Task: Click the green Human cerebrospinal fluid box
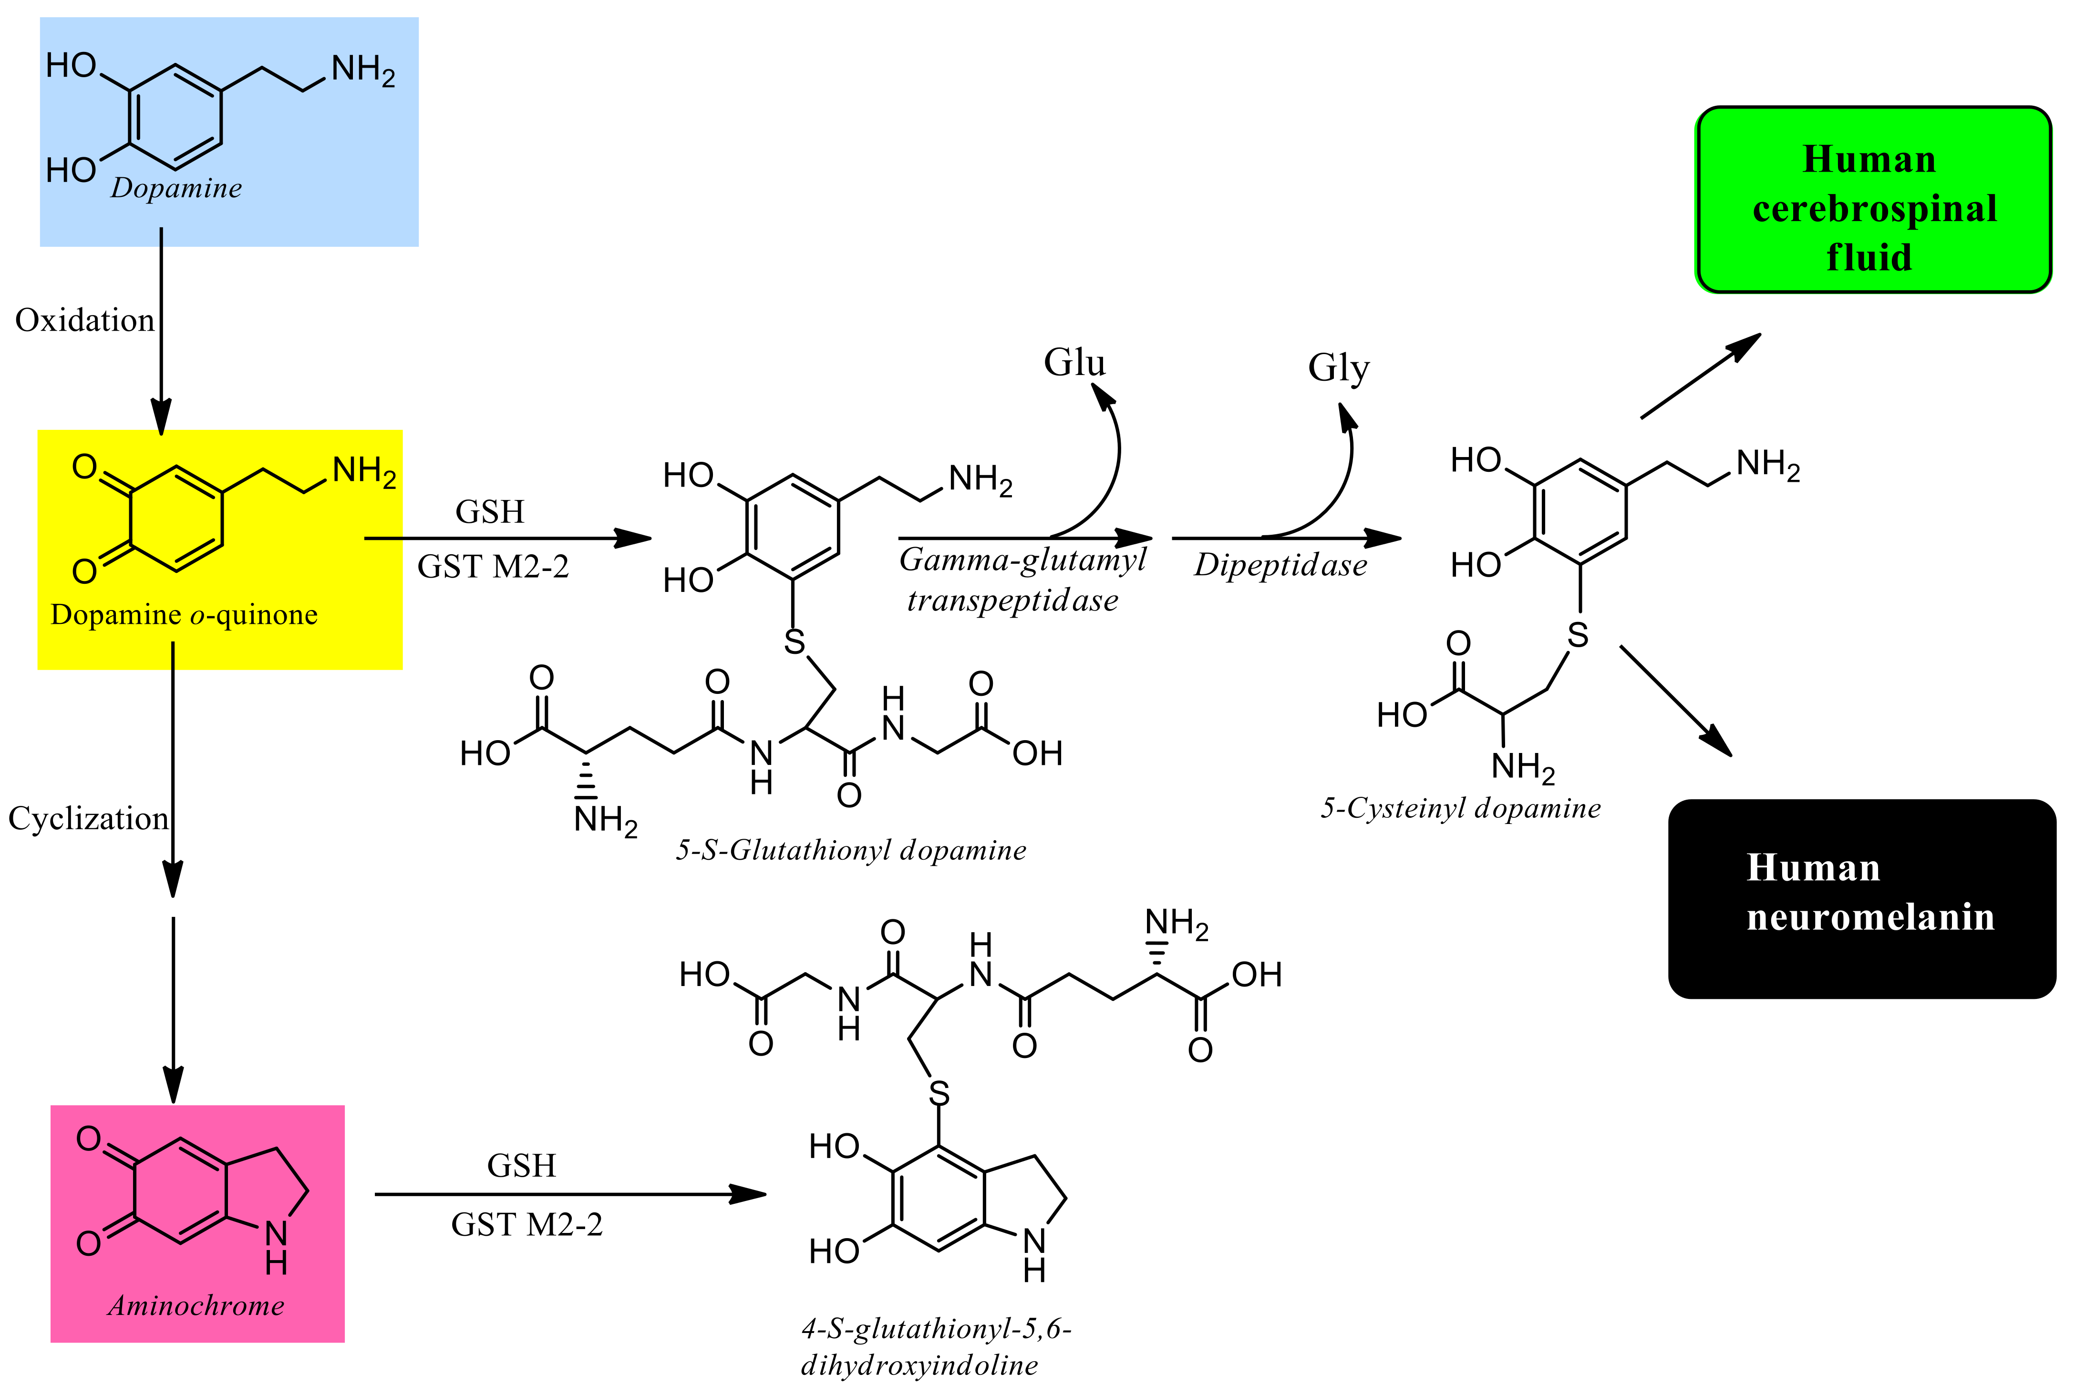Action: pyautogui.click(x=1873, y=200)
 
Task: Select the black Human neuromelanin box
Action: pyautogui.click(x=1861, y=898)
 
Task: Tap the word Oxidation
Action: pyautogui.click(x=84, y=320)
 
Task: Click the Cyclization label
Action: pyautogui.click(x=88, y=818)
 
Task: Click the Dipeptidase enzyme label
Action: pyautogui.click(x=1280, y=565)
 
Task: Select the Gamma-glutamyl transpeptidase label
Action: pyautogui.click(x=1021, y=579)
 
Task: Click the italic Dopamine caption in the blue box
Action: pyautogui.click(x=176, y=188)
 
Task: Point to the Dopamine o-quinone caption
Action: pyautogui.click(x=184, y=614)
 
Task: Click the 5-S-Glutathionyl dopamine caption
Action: pyautogui.click(x=850, y=850)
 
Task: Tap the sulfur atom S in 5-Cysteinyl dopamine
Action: pyautogui.click(x=1578, y=635)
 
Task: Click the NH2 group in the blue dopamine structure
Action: pyautogui.click(x=363, y=70)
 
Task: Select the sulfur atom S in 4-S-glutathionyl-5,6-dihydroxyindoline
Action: pyautogui.click(x=939, y=1093)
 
